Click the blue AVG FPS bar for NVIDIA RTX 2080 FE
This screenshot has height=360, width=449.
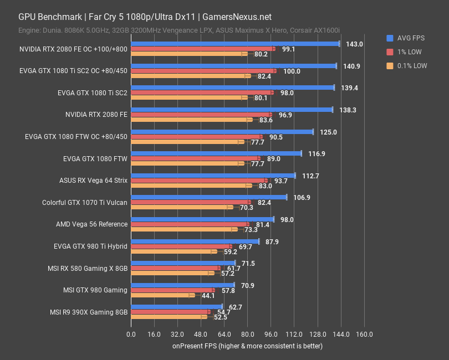pos(231,110)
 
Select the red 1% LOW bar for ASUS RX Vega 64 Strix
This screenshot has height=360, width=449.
pos(199,181)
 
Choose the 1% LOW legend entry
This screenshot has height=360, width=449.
pos(406,52)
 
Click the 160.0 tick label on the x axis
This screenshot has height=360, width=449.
pos(364,335)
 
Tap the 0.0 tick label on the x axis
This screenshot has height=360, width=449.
pos(131,335)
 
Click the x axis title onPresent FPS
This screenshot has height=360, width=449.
pos(247,346)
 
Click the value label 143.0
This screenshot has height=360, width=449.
pos(354,44)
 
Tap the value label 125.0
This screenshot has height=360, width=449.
pos(328,132)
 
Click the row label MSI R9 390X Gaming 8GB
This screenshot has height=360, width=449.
pos(88,312)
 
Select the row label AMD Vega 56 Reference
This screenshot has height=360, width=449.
pos(91,224)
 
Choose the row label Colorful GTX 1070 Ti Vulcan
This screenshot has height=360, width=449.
pos(85,202)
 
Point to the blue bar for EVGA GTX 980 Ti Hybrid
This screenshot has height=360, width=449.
pos(195,241)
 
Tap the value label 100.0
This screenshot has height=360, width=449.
pos(292,71)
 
